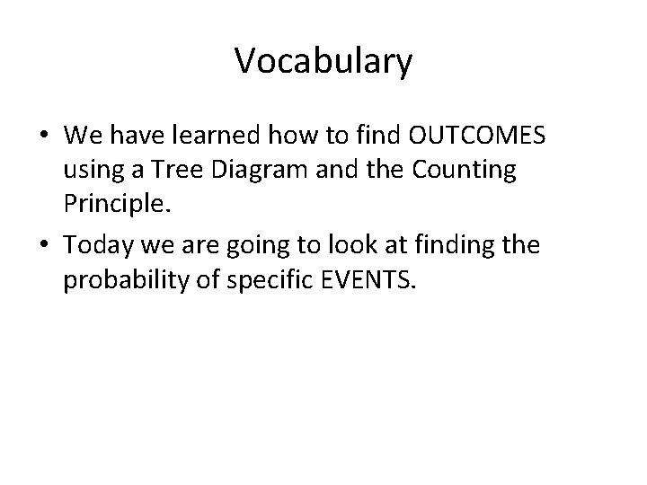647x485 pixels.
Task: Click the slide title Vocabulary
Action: [323, 62]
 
